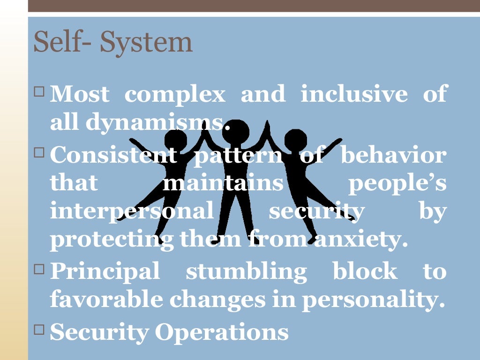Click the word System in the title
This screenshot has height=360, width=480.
pyautogui.click(x=146, y=42)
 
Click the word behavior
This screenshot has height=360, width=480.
pyautogui.click(x=393, y=155)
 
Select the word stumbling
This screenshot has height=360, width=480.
pyautogui.click(x=246, y=271)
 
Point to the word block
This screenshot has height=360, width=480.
pyautogui.click(x=364, y=271)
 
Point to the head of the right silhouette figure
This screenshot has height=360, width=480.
pyautogui.click(x=295, y=140)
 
